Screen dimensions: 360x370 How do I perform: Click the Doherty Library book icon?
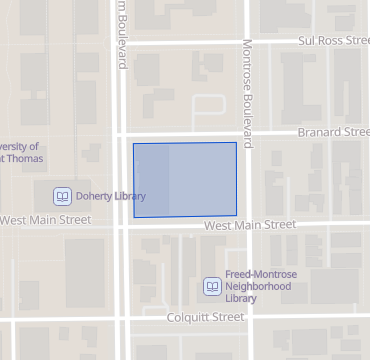coord(62,196)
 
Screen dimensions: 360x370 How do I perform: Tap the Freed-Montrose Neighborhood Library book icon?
coord(212,286)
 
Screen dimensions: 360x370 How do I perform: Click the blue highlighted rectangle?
coord(185,180)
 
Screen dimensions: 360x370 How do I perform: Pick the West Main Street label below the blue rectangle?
coord(249,226)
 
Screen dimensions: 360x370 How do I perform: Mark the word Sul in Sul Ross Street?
coord(308,42)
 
